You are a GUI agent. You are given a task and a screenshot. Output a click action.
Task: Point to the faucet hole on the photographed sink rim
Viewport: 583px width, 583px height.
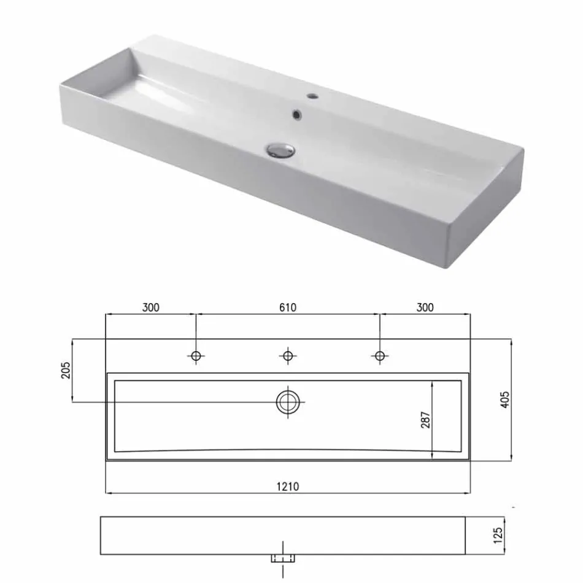point(312,96)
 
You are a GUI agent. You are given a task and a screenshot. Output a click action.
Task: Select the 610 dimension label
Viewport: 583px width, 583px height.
point(287,307)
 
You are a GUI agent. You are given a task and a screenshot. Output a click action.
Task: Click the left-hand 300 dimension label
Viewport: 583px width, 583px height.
point(150,307)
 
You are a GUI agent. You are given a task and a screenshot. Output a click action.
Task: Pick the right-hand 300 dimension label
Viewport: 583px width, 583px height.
point(424,307)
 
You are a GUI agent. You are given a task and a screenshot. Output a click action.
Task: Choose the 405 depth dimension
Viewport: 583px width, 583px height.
point(505,400)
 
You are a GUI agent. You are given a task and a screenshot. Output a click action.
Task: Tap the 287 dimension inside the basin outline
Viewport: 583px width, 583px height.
point(425,419)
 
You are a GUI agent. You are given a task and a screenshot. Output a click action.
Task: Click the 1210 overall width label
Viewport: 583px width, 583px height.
point(287,486)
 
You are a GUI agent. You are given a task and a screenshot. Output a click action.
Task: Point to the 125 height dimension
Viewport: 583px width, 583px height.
point(498,535)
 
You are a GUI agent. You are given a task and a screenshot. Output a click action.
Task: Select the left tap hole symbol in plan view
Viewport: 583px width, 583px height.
point(196,356)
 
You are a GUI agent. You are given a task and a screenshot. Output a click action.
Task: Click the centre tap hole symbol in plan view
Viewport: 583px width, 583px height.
point(287,356)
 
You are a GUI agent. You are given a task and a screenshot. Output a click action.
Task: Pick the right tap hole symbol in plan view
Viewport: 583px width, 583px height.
point(379,356)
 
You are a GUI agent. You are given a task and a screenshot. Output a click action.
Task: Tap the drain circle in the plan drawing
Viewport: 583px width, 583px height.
point(287,402)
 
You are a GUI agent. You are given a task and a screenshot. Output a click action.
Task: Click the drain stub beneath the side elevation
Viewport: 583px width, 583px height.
point(282,558)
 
